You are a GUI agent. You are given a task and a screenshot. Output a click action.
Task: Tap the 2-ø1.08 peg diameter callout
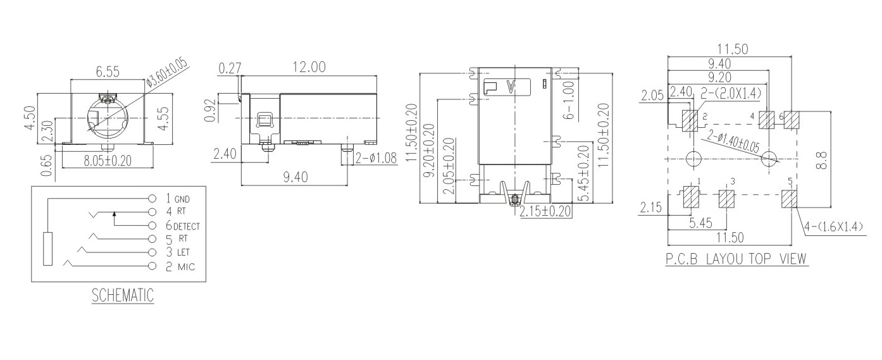click(376, 158)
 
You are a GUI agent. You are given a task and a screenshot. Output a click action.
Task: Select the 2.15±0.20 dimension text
click(545, 211)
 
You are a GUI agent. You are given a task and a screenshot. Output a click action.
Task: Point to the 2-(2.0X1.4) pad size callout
click(731, 94)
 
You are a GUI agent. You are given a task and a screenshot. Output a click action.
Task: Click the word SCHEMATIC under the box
click(123, 295)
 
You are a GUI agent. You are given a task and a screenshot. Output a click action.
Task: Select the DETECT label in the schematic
click(187, 226)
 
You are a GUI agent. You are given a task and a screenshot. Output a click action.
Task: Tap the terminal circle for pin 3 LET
click(151, 252)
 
